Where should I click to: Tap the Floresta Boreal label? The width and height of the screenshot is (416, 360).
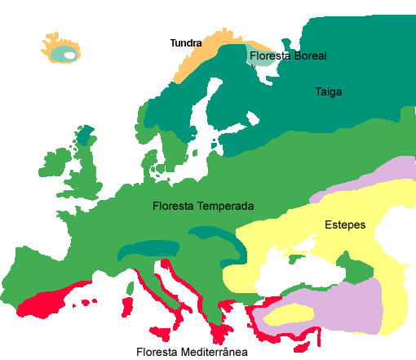[x=288, y=56]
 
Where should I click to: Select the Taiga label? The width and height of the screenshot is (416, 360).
[x=328, y=92]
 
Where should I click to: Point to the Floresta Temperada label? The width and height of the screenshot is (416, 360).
[x=203, y=206]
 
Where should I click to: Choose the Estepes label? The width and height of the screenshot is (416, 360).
[x=344, y=224]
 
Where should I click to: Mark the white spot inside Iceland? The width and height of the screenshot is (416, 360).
[x=70, y=56]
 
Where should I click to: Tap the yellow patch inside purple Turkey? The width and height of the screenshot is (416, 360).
[x=290, y=313]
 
